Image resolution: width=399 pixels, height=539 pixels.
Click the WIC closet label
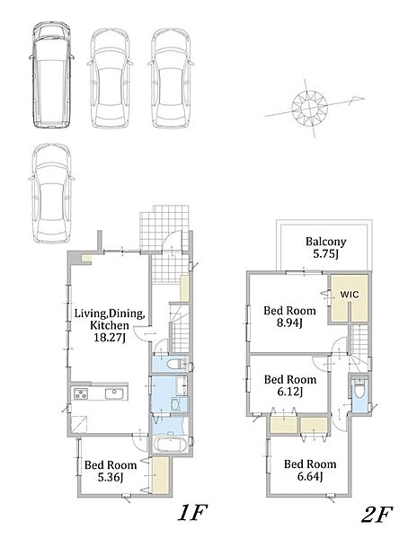coord(349,295)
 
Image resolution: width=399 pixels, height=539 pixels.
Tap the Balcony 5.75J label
coord(325,248)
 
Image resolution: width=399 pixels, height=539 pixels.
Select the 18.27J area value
coord(110,337)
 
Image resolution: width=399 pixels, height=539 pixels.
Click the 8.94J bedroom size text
coord(289,323)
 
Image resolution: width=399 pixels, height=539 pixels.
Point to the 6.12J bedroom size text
coord(290,392)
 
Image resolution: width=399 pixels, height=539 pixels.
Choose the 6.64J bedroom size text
coord(310,476)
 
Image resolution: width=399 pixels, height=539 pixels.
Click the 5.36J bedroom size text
coord(111,477)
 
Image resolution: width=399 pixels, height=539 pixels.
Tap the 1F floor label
coord(192,514)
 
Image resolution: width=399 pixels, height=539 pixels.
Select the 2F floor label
coord(377,515)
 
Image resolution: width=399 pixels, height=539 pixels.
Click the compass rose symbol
coord(309,107)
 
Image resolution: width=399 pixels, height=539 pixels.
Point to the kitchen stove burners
coord(81,394)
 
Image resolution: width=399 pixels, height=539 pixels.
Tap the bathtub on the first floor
coord(171,445)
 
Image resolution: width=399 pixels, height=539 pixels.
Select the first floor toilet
coord(175,364)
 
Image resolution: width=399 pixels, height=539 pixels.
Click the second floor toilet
coord(359,390)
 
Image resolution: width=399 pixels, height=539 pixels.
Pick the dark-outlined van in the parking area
coord(51,75)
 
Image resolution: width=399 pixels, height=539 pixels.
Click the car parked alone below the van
coord(51,193)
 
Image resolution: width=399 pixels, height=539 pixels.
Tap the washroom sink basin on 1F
coord(176,405)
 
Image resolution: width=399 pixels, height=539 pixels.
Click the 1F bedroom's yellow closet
coord(160,475)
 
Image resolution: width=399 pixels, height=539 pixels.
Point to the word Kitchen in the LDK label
coord(110,325)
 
